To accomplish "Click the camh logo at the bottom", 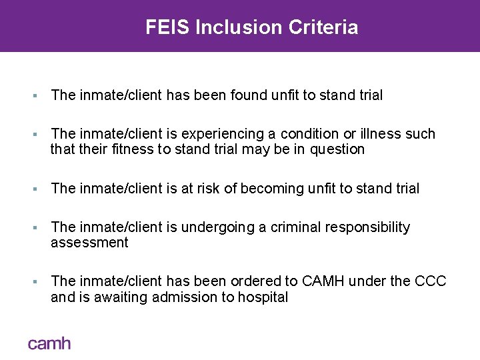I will tap(49, 343).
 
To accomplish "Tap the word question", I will tap(336, 149).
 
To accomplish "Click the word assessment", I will tap(89, 243).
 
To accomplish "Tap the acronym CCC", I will tap(431, 282).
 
